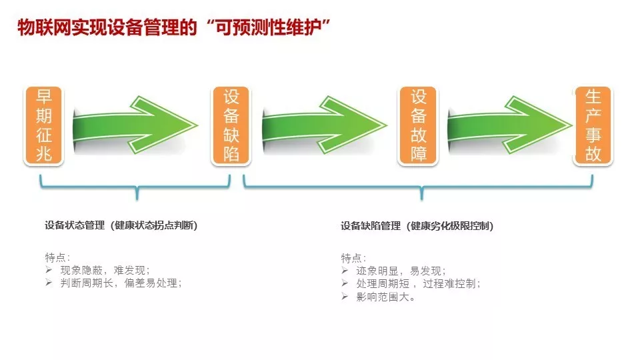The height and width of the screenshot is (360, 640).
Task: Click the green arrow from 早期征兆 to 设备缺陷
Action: (x=135, y=125)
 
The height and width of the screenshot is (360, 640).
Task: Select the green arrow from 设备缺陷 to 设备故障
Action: (x=324, y=125)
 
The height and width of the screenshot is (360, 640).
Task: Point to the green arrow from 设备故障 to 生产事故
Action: (x=510, y=125)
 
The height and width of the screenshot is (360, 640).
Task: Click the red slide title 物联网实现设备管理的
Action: (x=107, y=27)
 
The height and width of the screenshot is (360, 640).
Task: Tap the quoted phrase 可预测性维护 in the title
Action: (x=268, y=27)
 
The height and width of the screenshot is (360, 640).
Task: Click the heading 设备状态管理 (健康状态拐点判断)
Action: (x=121, y=225)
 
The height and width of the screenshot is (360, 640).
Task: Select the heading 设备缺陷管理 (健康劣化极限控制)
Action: (x=417, y=226)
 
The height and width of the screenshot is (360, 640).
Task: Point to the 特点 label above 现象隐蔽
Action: (x=55, y=257)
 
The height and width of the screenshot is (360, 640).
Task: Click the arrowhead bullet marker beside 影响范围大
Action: (x=345, y=296)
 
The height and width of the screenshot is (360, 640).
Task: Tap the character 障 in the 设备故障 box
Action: (x=419, y=154)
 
